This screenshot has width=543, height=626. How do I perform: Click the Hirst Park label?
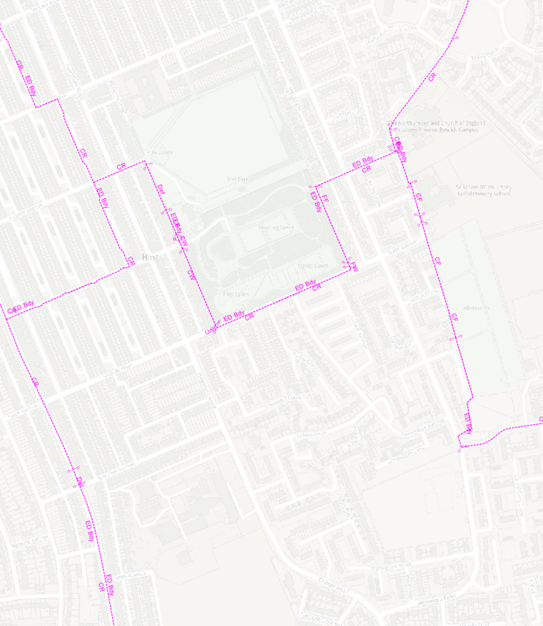(x=237, y=180)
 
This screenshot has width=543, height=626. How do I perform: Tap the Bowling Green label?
(x=277, y=228)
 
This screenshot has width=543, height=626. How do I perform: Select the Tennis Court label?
(x=313, y=266)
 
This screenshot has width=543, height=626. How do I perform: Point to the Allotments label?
(x=476, y=308)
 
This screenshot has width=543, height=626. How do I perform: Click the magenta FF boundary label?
(x=325, y=198)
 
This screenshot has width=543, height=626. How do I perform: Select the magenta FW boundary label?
(x=352, y=265)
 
